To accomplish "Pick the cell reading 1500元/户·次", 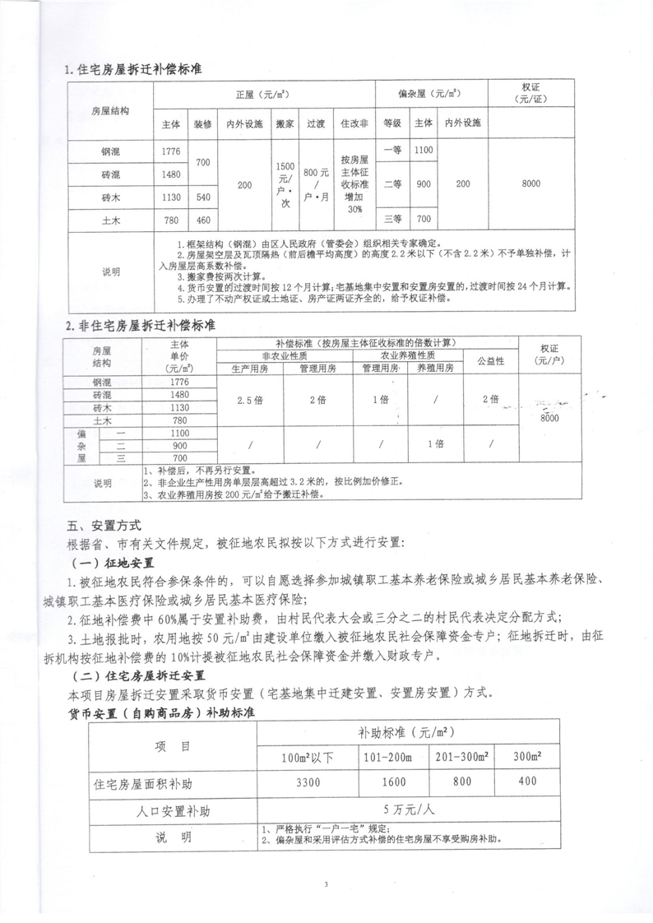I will (285, 184).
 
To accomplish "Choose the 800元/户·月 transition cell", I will (316, 184).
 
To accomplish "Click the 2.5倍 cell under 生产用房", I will (249, 399).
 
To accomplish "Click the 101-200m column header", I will (392, 755).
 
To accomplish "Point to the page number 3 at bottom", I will (326, 884).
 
